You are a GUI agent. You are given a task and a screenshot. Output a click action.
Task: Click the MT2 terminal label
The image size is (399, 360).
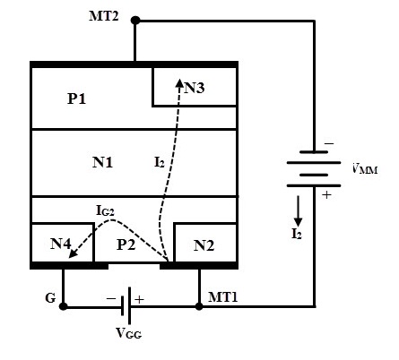click(x=104, y=16)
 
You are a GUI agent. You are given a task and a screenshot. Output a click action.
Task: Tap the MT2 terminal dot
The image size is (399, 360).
click(x=135, y=21)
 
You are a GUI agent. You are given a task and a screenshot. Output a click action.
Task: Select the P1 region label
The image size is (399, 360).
click(x=77, y=99)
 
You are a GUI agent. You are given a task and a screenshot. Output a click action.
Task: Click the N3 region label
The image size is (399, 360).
click(x=195, y=88)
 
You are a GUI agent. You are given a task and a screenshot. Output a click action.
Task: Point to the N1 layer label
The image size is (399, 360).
click(x=102, y=162)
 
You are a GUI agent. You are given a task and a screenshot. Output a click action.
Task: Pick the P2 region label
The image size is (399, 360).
click(x=126, y=244)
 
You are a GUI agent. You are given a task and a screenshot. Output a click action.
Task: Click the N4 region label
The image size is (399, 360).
click(x=61, y=244)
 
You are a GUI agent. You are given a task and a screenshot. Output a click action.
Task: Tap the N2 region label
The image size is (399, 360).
click(x=204, y=245)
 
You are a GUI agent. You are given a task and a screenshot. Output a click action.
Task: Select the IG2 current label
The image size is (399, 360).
click(x=105, y=210)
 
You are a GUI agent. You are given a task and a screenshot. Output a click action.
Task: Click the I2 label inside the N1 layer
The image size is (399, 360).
click(x=160, y=162)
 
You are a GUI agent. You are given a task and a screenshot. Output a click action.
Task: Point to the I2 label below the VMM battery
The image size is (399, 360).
click(x=297, y=234)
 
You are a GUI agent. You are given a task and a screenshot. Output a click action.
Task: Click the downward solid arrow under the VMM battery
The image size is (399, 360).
click(x=298, y=210)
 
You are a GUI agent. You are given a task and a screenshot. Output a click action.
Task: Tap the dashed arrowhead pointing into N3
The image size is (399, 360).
click(x=179, y=82)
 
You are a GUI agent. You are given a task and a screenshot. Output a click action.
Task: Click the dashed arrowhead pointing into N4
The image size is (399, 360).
click(x=74, y=253)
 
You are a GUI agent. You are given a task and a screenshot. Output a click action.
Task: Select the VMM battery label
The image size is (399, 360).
click(x=365, y=169)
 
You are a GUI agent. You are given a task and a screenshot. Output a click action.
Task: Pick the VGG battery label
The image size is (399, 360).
click(x=129, y=333)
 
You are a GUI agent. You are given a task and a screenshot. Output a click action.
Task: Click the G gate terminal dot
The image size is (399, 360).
click(x=63, y=306)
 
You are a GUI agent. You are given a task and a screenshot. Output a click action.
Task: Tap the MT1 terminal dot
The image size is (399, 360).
click(x=199, y=306)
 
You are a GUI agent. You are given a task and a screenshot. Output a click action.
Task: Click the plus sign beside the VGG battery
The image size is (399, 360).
click(x=139, y=299)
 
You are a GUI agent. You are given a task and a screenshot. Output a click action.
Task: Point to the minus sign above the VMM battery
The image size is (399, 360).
click(x=329, y=144)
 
